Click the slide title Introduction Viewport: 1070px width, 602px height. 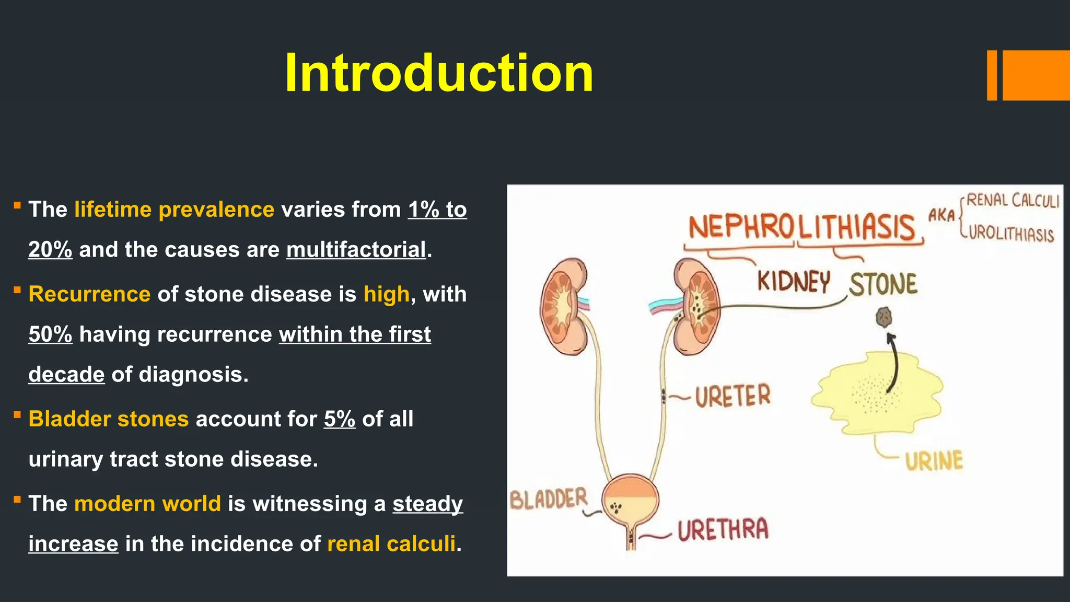[x=439, y=73]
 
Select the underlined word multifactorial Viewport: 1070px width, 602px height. [x=356, y=250]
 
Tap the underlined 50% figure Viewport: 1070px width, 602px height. [x=50, y=334]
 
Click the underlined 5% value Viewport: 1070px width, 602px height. [x=340, y=419]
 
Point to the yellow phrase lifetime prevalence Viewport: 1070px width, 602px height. [x=174, y=210]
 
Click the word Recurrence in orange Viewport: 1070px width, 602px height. [x=89, y=294]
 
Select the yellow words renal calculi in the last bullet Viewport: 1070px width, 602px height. [x=391, y=544]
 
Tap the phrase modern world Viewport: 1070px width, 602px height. [x=148, y=504]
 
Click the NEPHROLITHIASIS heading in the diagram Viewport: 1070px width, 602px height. [x=802, y=228]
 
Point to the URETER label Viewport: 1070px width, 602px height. [x=732, y=396]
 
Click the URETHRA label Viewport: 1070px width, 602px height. [x=723, y=530]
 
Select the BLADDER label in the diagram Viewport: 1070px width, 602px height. [x=549, y=499]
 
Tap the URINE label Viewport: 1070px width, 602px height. [x=934, y=461]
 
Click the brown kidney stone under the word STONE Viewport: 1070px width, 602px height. [x=883, y=317]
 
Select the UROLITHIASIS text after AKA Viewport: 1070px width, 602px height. [x=1011, y=233]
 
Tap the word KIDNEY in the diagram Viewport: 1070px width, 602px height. [x=794, y=282]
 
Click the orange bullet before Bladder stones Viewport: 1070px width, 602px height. [x=17, y=415]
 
